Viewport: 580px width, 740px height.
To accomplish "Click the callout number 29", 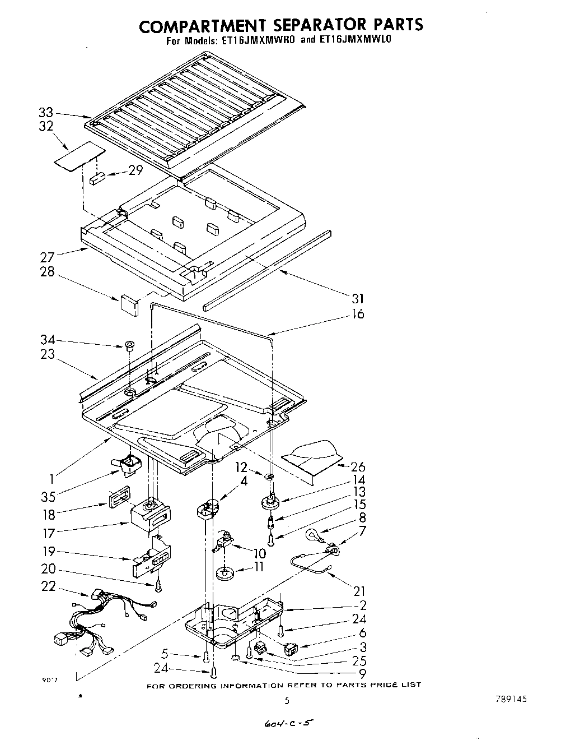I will coord(135,170).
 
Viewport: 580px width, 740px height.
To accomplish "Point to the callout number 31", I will coord(357,298).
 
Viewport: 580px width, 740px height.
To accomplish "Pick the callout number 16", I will coord(357,314).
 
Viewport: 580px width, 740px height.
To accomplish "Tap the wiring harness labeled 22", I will coord(104,622).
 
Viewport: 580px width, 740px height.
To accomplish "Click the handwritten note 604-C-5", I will coord(286,724).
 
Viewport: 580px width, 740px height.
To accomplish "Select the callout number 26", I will coord(357,466).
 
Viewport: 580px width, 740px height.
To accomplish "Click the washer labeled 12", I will coord(269,477).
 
